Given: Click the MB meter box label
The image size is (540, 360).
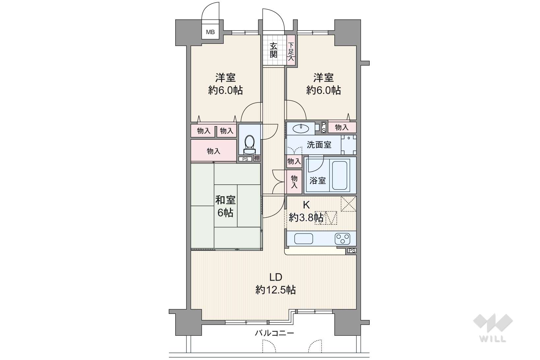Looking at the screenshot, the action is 210,32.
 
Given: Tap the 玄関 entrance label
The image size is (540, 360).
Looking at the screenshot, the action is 273,50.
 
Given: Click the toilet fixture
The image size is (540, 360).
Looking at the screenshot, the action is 249,145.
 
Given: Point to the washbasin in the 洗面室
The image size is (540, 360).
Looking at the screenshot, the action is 300,128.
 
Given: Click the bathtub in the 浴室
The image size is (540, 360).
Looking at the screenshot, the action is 339,175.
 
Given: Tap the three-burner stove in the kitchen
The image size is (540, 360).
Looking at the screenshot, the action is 342,239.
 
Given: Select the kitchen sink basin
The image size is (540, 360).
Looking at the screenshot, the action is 303,239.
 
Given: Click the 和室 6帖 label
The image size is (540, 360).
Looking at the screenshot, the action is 225,206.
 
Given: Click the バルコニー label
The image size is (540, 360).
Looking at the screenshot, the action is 274,333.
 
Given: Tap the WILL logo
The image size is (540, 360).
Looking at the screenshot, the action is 493,328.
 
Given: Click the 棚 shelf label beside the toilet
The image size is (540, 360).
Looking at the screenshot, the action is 257,158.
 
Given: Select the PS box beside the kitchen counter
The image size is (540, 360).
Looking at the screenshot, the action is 352,251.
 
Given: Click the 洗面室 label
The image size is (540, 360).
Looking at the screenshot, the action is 319,145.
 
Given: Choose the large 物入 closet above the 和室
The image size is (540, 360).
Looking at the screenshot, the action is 213,151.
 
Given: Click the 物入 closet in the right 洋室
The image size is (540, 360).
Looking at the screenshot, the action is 342,127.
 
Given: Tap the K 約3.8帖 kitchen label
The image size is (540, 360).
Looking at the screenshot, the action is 306,211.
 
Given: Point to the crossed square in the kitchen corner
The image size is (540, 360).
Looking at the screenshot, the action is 348,204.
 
